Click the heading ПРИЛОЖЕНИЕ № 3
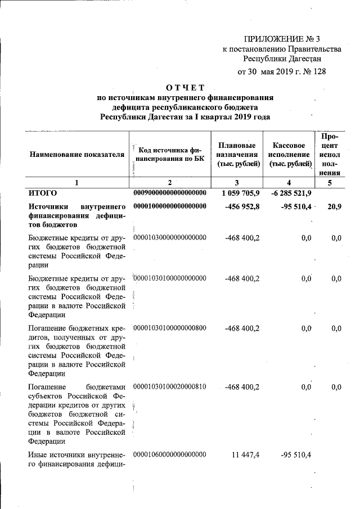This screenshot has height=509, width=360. [x=282, y=39]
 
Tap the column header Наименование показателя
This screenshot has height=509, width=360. [x=77, y=154]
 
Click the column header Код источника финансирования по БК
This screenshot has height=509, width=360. [x=169, y=155]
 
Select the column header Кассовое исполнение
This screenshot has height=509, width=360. [x=289, y=154]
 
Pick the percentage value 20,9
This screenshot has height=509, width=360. [x=334, y=206]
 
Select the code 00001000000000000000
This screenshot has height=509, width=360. [x=170, y=206]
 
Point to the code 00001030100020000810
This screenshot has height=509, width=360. [x=170, y=387]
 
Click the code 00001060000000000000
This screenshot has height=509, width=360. [x=170, y=454]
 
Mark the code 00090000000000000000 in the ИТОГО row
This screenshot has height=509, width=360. [x=170, y=193]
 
